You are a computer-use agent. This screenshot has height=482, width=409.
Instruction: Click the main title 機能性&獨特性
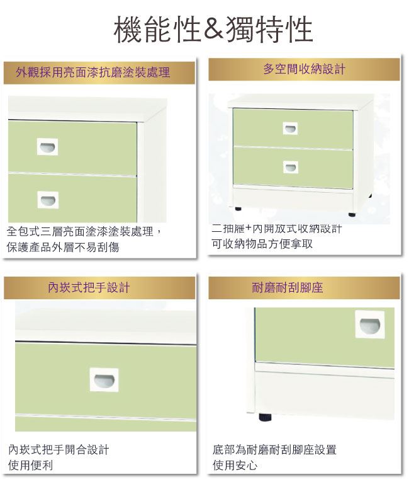tap(213, 30)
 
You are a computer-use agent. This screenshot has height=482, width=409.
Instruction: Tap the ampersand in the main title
tap(213, 30)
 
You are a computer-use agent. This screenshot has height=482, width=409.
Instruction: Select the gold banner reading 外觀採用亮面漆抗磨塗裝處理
tap(99, 72)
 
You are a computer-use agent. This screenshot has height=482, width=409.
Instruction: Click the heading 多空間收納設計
tap(304, 69)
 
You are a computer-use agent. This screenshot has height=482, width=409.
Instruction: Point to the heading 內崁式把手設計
tap(89, 287)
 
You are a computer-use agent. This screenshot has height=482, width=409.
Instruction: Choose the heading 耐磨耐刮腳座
tap(288, 288)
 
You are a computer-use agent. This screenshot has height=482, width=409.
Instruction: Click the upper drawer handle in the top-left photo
tap(48, 147)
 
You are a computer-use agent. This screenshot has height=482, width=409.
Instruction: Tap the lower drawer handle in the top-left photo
tap(48, 200)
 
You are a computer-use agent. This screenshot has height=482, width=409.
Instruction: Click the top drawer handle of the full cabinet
tap(290, 128)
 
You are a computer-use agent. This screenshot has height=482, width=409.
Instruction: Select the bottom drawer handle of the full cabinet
tap(291, 167)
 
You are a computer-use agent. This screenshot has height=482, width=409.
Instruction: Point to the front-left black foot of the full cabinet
tap(238, 209)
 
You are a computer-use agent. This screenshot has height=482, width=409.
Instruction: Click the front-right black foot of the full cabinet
tap(352, 214)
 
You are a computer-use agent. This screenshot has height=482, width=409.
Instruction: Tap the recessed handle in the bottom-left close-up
tap(104, 380)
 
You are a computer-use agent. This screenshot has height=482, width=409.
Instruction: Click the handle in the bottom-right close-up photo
tap(370, 324)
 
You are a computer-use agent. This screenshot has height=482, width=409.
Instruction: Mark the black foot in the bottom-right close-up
tap(266, 417)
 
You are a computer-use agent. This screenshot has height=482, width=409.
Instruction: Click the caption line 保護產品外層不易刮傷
tap(63, 247)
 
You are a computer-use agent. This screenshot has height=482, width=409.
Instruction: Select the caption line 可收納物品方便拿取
tap(262, 244)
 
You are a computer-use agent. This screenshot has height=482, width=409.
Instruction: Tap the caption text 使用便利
tap(30, 465)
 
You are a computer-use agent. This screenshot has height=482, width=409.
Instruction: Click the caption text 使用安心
tap(235, 465)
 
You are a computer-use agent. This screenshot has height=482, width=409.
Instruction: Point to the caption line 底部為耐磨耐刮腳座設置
tap(274, 450)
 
